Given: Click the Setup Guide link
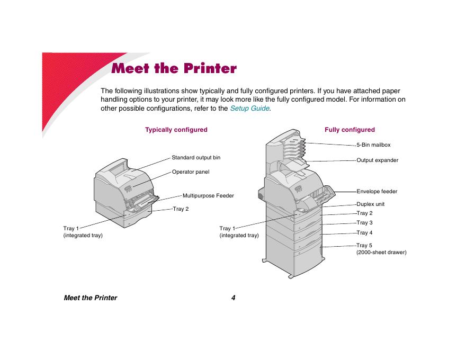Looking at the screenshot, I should pyautogui.click(x=250, y=109).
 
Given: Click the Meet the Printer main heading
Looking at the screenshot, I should pyautogui.click(x=174, y=69).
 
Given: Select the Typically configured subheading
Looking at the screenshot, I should pyautogui.click(x=176, y=130).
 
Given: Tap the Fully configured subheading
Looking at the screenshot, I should pyautogui.click(x=349, y=130).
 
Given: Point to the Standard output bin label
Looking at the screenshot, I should pyautogui.click(x=196, y=158).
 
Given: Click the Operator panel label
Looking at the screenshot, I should pyautogui.click(x=191, y=172).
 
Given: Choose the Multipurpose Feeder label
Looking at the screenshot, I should pyautogui.click(x=208, y=196).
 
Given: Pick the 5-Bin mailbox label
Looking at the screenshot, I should pyautogui.click(x=373, y=145).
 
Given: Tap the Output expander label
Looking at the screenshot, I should pyautogui.click(x=377, y=160).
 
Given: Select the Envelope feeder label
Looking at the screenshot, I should pyautogui.click(x=377, y=191).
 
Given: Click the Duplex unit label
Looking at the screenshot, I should pyautogui.click(x=370, y=204).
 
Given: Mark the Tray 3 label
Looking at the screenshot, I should pyautogui.click(x=364, y=223).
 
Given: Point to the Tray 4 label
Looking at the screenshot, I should pyautogui.click(x=364, y=233).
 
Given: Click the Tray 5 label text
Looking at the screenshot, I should pyautogui.click(x=364, y=246).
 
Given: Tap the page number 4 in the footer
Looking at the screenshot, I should pyautogui.click(x=233, y=298).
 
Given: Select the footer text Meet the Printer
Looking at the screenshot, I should pyautogui.click(x=90, y=298).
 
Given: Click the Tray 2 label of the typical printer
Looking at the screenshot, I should pyautogui.click(x=181, y=209).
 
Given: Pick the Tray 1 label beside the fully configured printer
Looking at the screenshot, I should pyautogui.click(x=227, y=229).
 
